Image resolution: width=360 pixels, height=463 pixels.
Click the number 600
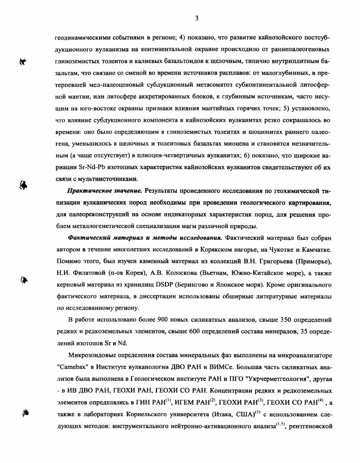pyautogui.click(x=189, y=332)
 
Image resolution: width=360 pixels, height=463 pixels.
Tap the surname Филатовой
pyautogui.click(x=86, y=273)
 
